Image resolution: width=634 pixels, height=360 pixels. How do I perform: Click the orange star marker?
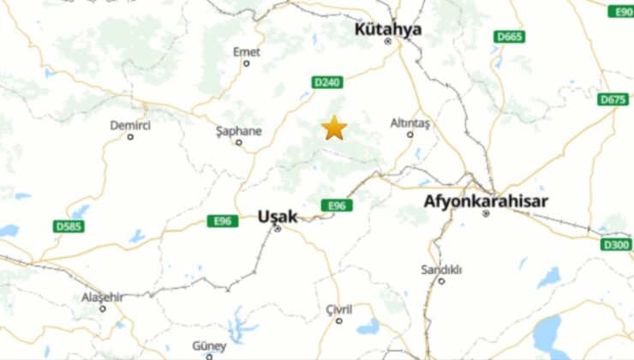334,129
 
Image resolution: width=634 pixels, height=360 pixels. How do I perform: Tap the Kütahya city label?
388,29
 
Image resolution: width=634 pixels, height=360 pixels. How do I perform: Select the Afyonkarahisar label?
486,201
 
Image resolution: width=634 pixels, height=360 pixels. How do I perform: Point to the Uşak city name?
277,217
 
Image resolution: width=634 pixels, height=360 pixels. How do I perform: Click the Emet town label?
247,52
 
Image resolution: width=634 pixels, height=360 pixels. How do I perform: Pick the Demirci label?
130,125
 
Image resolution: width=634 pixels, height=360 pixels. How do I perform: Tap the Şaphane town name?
238,131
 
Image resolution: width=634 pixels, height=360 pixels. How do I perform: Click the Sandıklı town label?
441,269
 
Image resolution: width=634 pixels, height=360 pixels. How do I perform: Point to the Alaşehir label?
102,297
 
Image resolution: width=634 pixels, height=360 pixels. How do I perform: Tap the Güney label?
209,345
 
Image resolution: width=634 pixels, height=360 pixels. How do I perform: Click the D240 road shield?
326,82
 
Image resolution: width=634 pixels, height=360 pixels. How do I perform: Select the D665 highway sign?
510,37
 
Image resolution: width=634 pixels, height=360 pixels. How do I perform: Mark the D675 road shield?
613,99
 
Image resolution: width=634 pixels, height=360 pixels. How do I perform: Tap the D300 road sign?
616,245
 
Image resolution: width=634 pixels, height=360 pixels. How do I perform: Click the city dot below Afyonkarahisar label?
486,213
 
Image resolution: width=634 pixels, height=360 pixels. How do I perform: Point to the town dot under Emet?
247,63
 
